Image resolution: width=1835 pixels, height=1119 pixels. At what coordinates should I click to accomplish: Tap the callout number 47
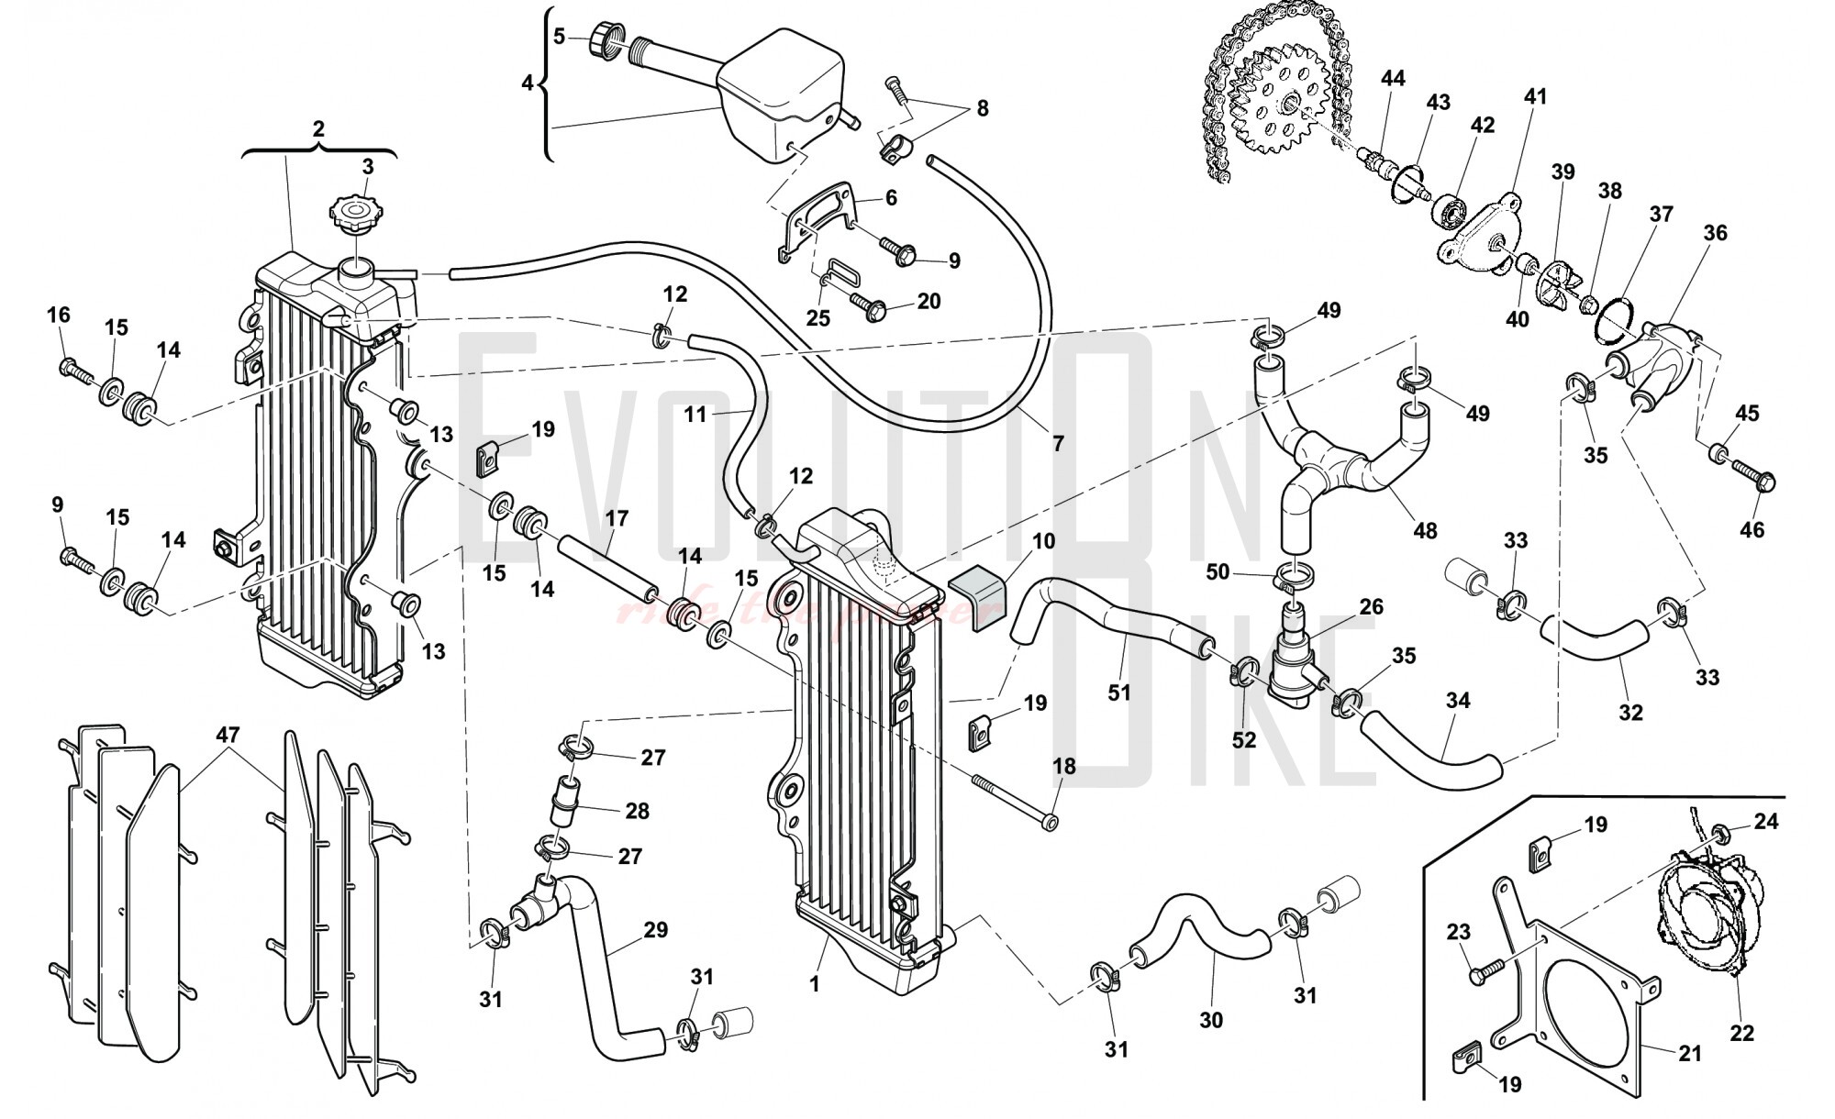coord(228,735)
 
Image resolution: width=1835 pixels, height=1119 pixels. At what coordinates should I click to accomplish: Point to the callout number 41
coord(1535,96)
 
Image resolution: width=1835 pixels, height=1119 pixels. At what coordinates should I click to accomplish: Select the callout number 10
coord(1042,541)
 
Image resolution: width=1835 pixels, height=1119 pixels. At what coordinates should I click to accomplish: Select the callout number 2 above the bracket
coord(318,129)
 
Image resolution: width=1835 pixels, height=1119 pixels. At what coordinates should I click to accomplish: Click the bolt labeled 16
coord(74,371)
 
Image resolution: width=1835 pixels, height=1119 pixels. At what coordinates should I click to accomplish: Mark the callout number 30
coord(1211,1019)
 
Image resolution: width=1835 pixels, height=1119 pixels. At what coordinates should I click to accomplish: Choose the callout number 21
coord(1689,1054)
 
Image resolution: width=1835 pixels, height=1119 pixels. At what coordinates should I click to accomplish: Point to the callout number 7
coord(1058,444)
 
